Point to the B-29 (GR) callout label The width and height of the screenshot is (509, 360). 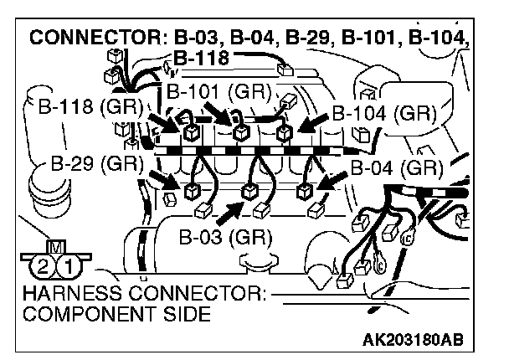pyautogui.click(x=94, y=162)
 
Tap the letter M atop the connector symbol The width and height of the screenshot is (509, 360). pyautogui.click(x=56, y=247)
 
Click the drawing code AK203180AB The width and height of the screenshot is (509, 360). pyautogui.click(x=414, y=342)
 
